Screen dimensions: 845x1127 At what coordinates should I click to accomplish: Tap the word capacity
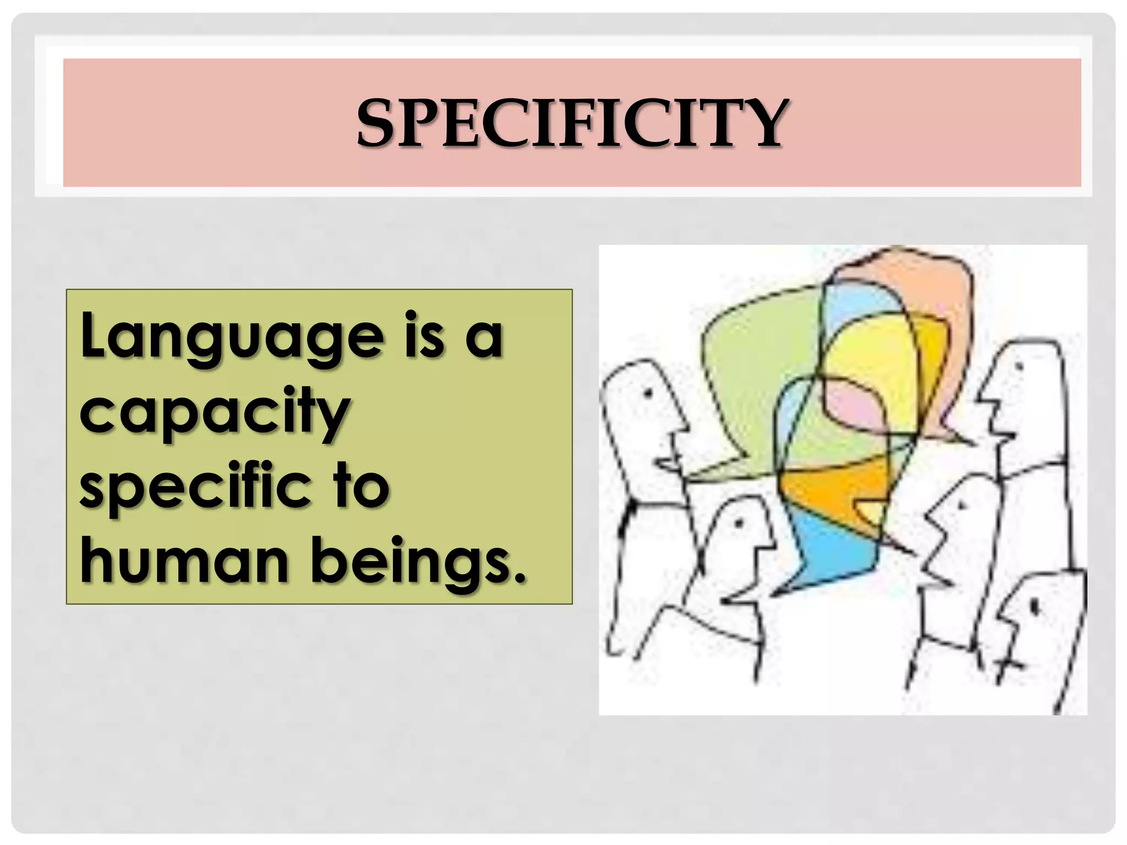click(x=215, y=413)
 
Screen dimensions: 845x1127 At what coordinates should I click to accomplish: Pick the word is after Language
click(x=424, y=334)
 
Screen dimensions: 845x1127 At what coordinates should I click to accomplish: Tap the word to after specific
click(x=361, y=486)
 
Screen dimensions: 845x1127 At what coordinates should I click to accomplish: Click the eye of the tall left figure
click(x=648, y=394)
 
